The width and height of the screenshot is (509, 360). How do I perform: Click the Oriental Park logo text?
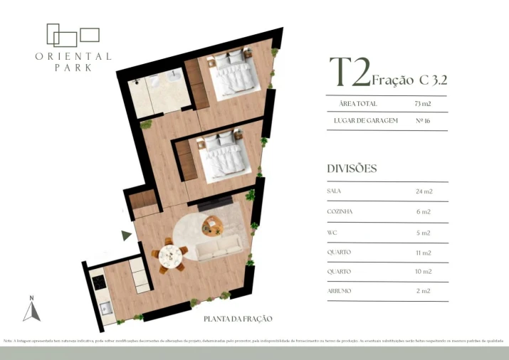tap(73, 61)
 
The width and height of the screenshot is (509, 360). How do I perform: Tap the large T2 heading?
tap(349, 73)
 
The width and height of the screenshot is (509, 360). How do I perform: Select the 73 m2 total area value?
tap(423, 104)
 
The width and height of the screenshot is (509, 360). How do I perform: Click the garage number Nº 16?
tap(423, 121)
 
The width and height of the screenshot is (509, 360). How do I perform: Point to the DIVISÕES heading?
tap(352, 169)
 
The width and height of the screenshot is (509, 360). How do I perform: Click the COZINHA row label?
tap(340, 212)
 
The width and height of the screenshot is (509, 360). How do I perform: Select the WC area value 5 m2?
tap(423, 233)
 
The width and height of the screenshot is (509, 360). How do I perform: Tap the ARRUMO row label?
tap(339, 291)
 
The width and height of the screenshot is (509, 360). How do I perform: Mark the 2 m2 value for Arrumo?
tap(423, 291)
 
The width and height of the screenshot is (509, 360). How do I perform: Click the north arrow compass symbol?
tap(31, 309)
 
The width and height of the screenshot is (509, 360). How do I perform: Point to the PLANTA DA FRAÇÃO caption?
tap(238, 319)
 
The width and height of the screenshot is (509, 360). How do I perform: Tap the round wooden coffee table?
tap(211, 227)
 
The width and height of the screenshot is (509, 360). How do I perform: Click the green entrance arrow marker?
tap(126, 235)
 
